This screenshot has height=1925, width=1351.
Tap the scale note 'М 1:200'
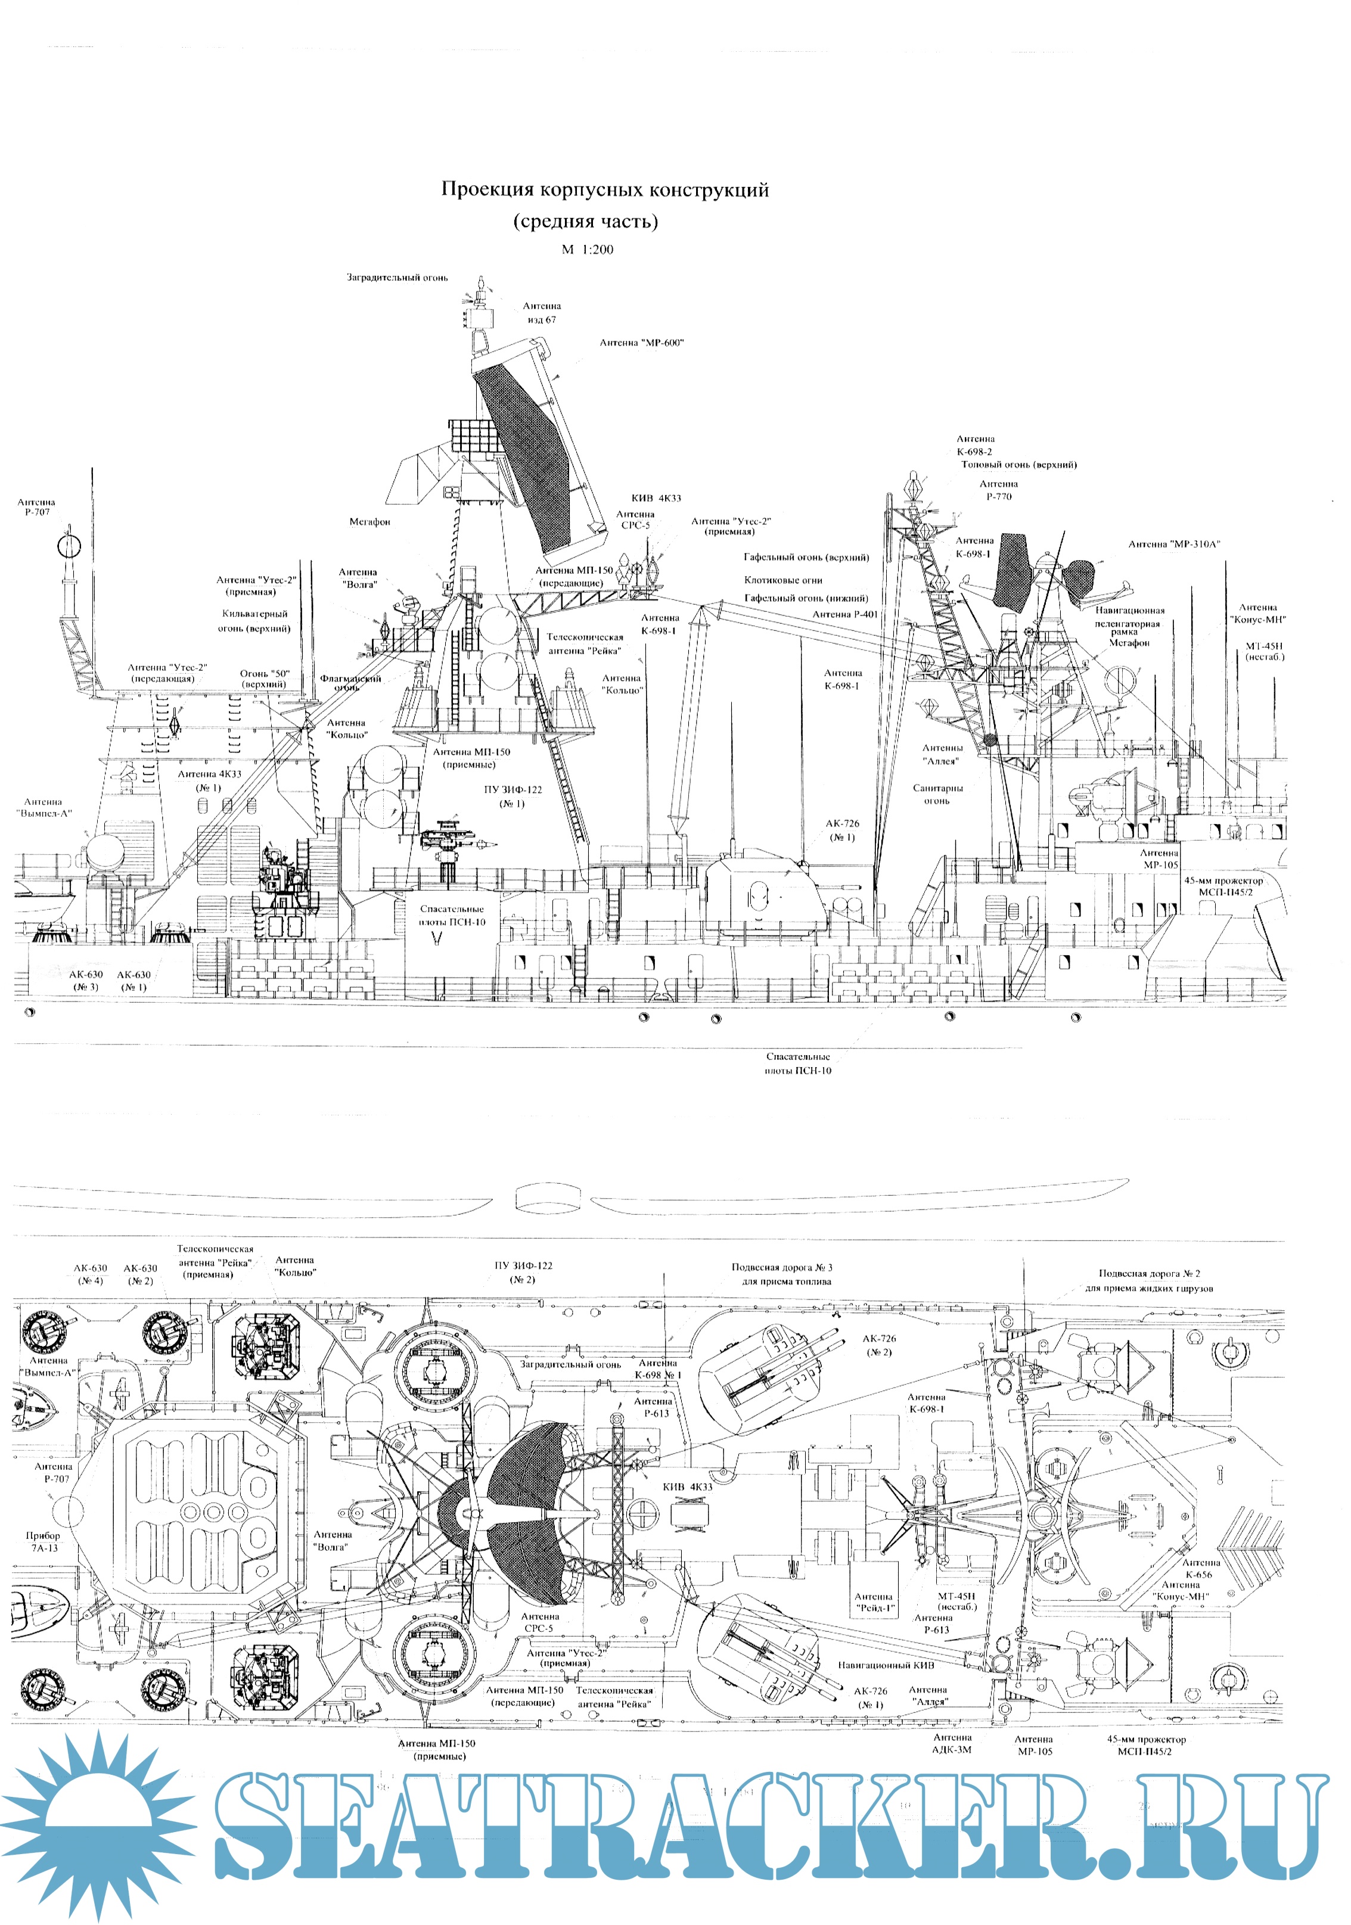pyautogui.click(x=587, y=249)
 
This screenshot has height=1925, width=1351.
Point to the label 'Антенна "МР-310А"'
pyautogui.click(x=1173, y=544)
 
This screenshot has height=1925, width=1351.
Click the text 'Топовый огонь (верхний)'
pyautogui.click(x=1019, y=465)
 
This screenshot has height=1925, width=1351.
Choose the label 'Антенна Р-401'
pyautogui.click(x=845, y=614)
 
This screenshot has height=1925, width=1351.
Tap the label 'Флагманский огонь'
pyautogui.click(x=350, y=682)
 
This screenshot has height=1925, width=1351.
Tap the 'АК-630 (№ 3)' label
pyautogui.click(x=86, y=980)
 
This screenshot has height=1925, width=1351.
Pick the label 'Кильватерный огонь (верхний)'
pyautogui.click(x=256, y=620)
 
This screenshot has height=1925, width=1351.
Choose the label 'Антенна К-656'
pyautogui.click(x=1201, y=1568)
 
